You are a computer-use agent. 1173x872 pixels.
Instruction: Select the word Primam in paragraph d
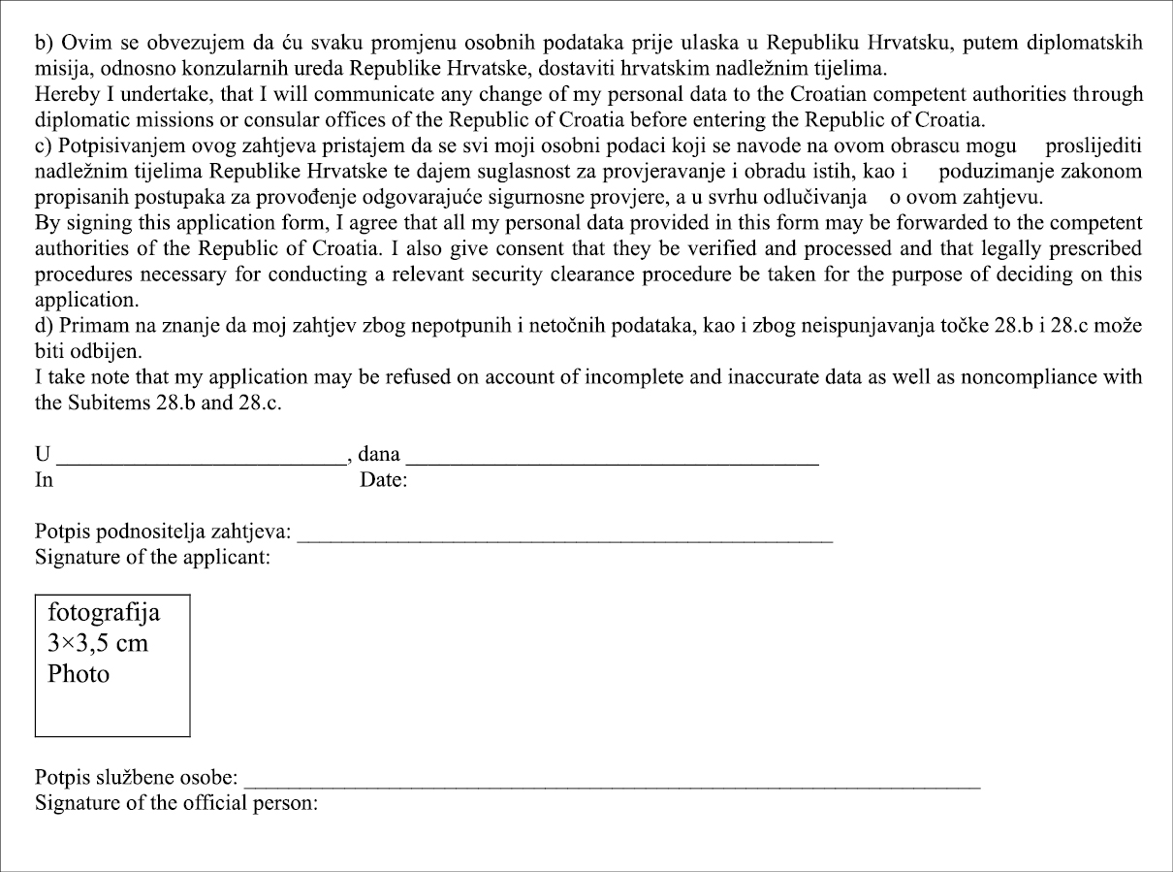pyautogui.click(x=92, y=324)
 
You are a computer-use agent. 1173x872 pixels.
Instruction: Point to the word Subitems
pyautogui.click(x=110, y=402)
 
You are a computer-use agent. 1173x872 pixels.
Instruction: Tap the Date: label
pyautogui.click(x=383, y=480)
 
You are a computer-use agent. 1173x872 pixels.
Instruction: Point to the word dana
pyautogui.click(x=379, y=453)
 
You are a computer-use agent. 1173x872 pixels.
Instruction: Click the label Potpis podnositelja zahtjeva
pyautogui.click(x=163, y=533)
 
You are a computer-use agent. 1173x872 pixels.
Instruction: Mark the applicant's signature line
pyautogui.click(x=565, y=537)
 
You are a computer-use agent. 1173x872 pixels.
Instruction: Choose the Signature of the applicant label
pyautogui.click(x=152, y=558)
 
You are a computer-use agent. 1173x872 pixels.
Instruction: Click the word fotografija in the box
pyautogui.click(x=104, y=614)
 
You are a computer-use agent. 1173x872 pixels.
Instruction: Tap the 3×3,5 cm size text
pyautogui.click(x=98, y=643)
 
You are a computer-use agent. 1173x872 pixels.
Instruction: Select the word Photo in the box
pyautogui.click(x=79, y=674)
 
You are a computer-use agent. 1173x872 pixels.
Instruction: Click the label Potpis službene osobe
pyautogui.click(x=137, y=779)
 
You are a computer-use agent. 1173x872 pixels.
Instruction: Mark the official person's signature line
pyautogui.click(x=614, y=784)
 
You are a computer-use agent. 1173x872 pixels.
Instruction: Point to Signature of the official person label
pyautogui.click(x=176, y=804)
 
